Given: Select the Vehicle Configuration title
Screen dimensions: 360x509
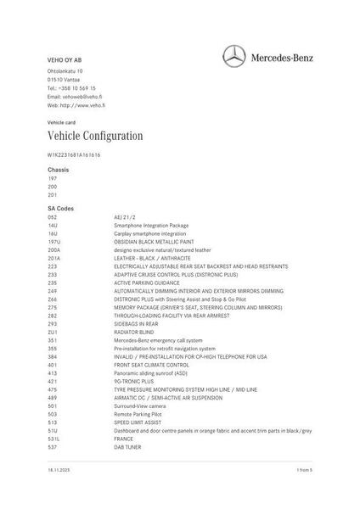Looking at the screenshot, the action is click(95, 136).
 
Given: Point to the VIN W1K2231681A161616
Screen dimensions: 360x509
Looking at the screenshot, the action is click(74, 155).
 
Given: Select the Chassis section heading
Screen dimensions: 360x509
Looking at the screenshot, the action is click(59, 171).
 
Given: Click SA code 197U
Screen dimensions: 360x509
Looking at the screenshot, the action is click(53, 242).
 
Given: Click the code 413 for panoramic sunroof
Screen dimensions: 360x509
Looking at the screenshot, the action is click(53, 372).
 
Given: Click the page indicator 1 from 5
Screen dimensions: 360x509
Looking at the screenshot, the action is click(305, 468).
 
